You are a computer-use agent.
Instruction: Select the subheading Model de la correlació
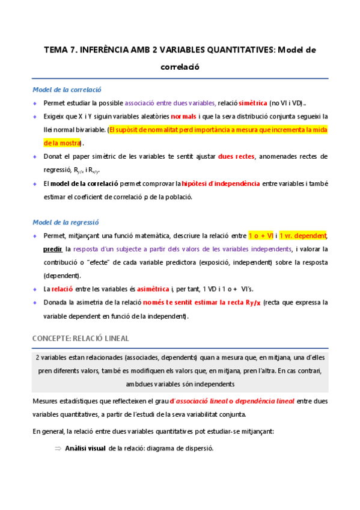coord(67,90)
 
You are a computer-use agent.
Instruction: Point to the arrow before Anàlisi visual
coord(58,448)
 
